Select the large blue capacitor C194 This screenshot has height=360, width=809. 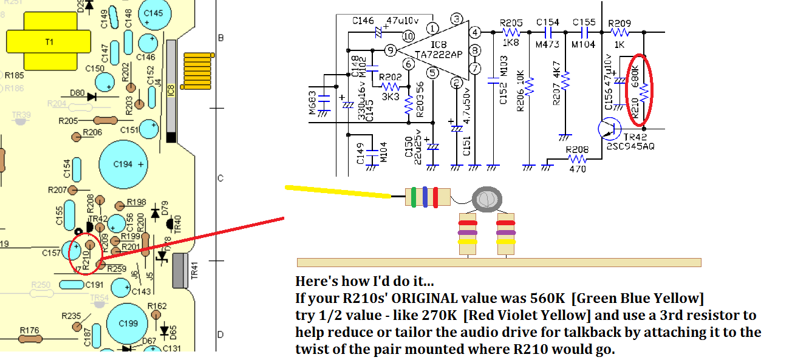123,164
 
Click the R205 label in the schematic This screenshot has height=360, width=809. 511,22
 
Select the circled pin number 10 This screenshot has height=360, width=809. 408,36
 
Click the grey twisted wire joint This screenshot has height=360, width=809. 487,200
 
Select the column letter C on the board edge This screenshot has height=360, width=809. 220,178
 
